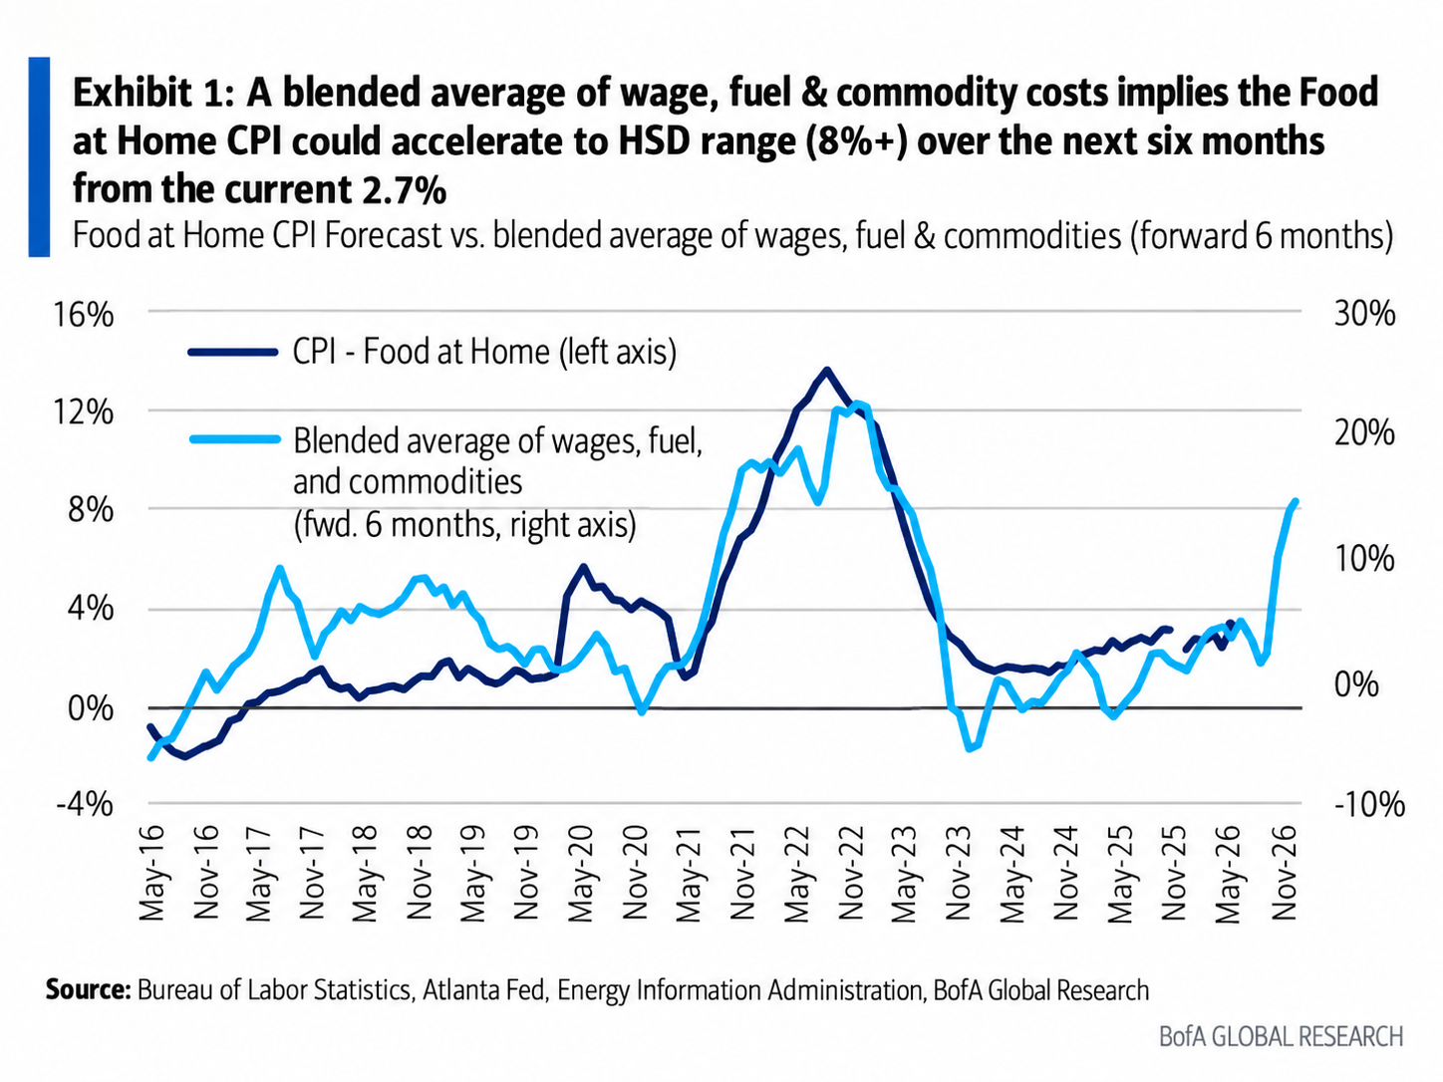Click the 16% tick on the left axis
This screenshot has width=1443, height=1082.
(84, 316)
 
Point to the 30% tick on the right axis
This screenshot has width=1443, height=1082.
(1364, 315)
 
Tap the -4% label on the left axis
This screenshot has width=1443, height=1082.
(84, 803)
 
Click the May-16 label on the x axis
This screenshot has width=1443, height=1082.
(152, 873)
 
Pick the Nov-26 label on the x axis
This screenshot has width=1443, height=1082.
(1284, 873)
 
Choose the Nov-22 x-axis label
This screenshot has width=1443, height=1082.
(851, 873)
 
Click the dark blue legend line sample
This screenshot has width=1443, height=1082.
(233, 352)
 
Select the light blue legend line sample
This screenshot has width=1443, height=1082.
(235, 438)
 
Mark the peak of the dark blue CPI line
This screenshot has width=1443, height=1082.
(826, 370)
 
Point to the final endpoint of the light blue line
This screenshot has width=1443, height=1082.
(1296, 501)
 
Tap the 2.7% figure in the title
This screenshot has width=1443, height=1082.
(403, 190)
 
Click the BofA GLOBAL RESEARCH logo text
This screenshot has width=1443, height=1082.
(1281, 1037)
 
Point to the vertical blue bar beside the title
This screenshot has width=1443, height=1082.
(39, 156)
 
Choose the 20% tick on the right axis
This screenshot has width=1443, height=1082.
(1364, 434)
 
